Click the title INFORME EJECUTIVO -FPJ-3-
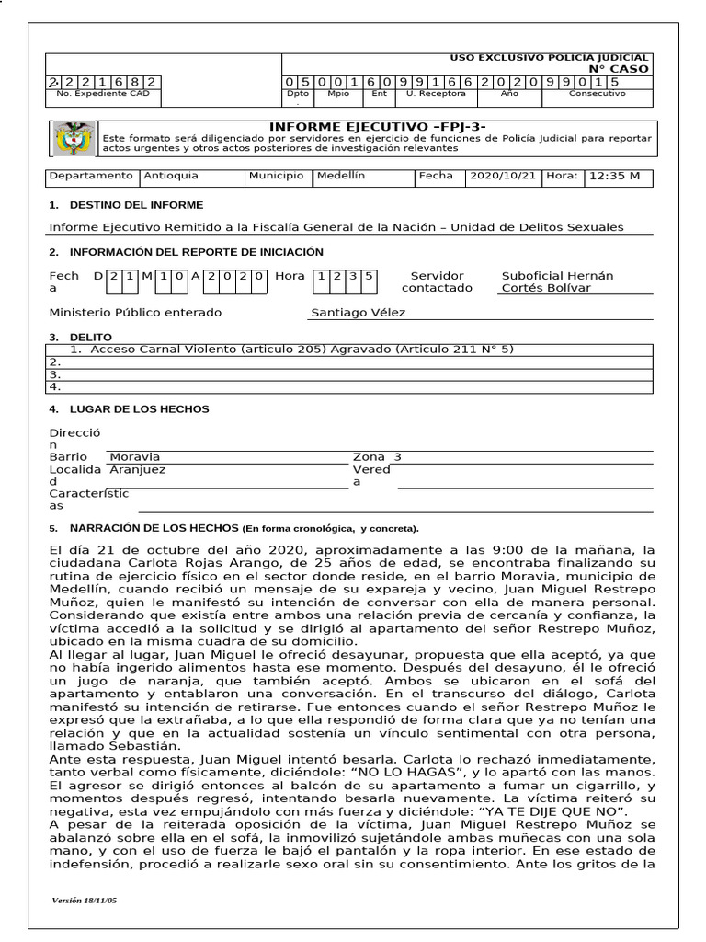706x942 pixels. [x=377, y=126]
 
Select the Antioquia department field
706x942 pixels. [x=170, y=176]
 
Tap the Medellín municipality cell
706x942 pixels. [x=341, y=176]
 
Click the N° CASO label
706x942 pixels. [x=618, y=69]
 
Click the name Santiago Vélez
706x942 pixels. [x=358, y=313]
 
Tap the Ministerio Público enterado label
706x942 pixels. [x=135, y=313]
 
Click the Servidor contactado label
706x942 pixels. [x=437, y=281]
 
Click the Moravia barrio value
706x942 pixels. [x=134, y=456]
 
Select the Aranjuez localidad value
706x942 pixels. [x=137, y=469]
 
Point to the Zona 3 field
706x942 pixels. [x=378, y=456]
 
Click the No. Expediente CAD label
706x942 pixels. [x=102, y=94]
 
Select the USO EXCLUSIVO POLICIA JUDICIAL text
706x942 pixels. [x=549, y=57]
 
